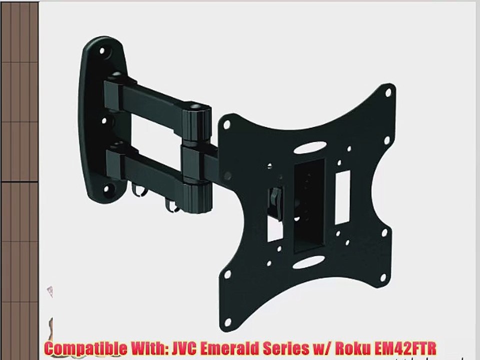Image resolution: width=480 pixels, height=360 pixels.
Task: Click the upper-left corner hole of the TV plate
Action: (226, 123)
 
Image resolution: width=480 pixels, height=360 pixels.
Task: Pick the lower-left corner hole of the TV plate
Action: (227, 274)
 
